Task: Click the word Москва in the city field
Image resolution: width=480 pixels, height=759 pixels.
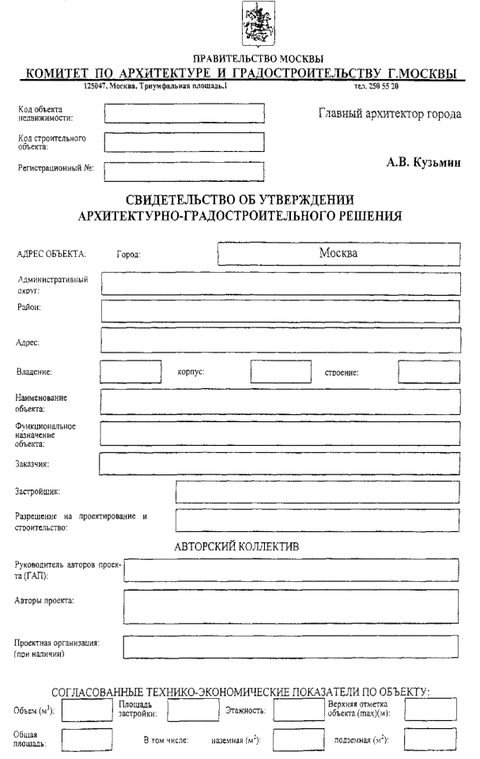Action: [x=338, y=254]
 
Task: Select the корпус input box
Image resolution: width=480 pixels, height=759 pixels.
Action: [x=282, y=372]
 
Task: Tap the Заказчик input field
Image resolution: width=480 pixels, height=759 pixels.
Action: [x=279, y=464]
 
